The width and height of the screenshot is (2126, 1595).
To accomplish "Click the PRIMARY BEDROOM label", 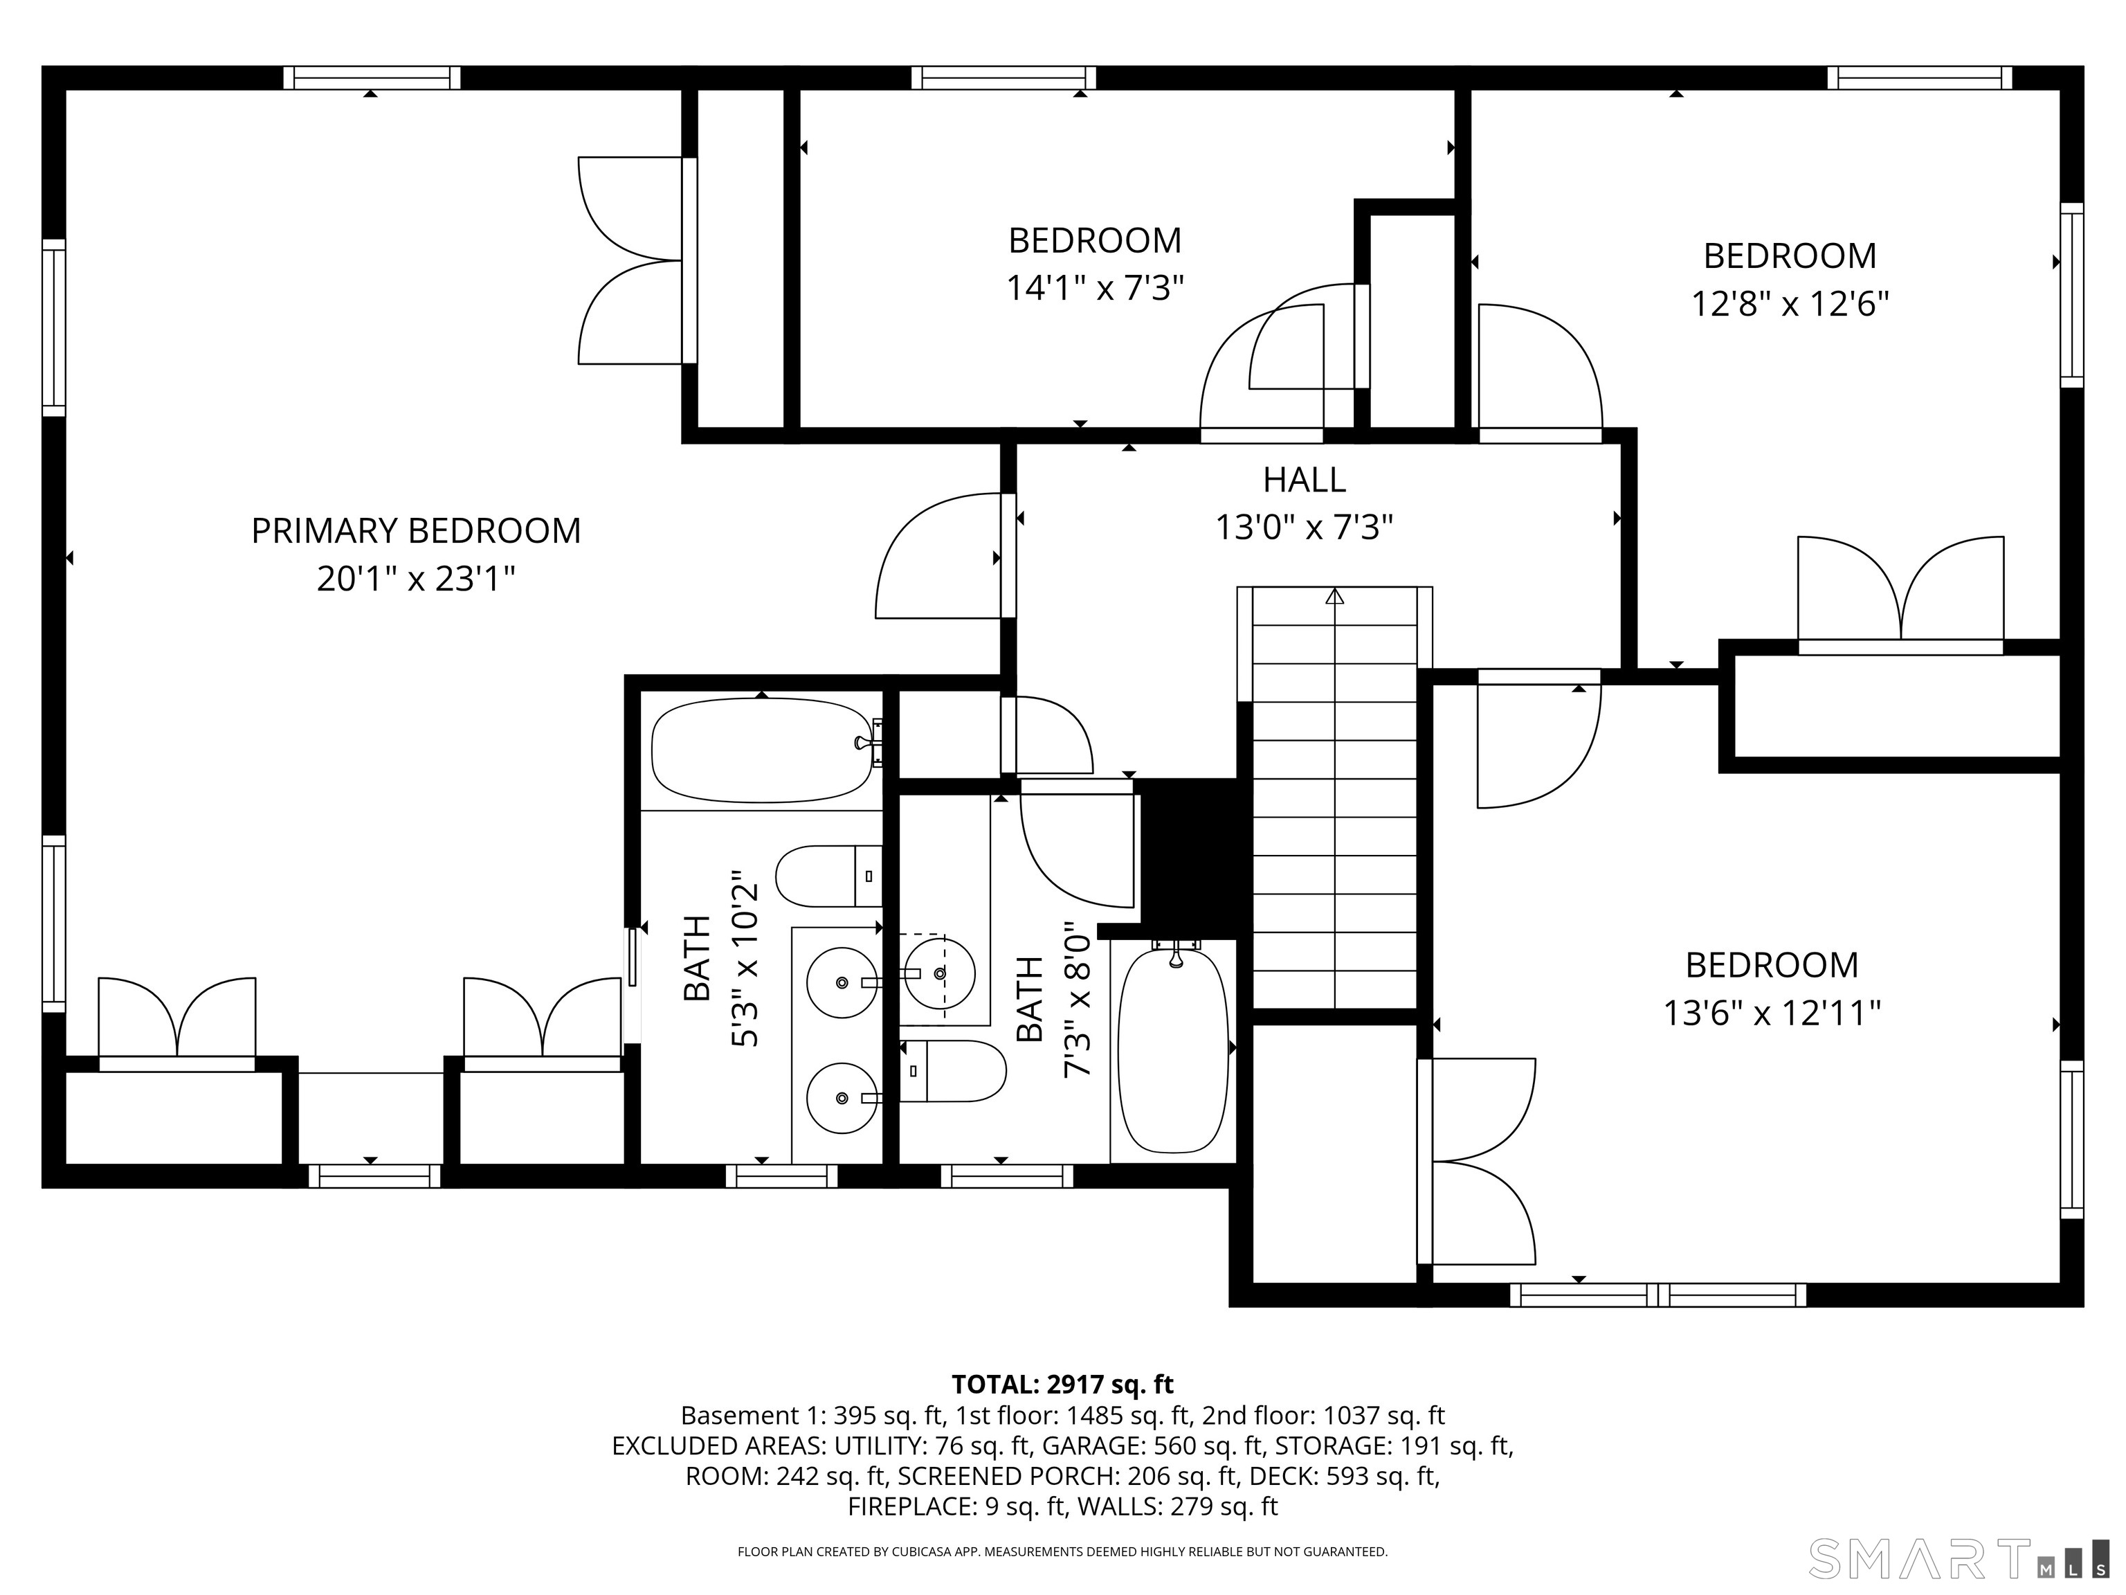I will click(415, 531).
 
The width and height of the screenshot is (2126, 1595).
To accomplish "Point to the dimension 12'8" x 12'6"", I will click(1790, 304).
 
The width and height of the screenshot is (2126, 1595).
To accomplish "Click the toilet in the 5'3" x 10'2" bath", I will click(826, 876).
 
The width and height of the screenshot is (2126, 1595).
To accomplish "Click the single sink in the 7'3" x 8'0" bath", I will click(939, 975).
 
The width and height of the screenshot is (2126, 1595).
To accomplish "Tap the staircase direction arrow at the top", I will click(1334, 597).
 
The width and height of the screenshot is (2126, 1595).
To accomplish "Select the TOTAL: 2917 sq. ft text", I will click(1062, 1385).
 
